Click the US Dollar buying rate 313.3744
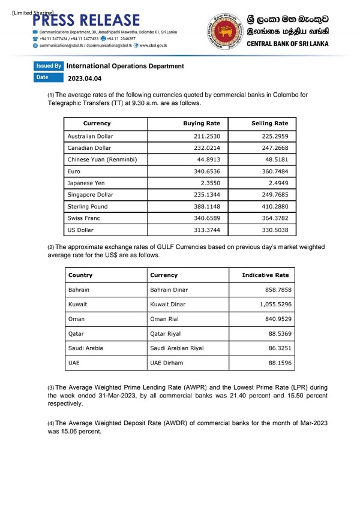pos(204,229)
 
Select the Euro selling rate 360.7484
pos(272,171)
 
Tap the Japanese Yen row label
pos(87,183)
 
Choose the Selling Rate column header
pos(269,124)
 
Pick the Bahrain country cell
pos(79,290)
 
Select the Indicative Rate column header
pos(265,275)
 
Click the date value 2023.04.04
pos(85,78)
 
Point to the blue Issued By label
pos(49,65)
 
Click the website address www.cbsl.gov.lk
pos(152,45)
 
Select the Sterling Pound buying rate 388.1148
pos(204,206)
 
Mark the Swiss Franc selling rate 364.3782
pos(272,218)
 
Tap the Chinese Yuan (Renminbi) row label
pos(102,159)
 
